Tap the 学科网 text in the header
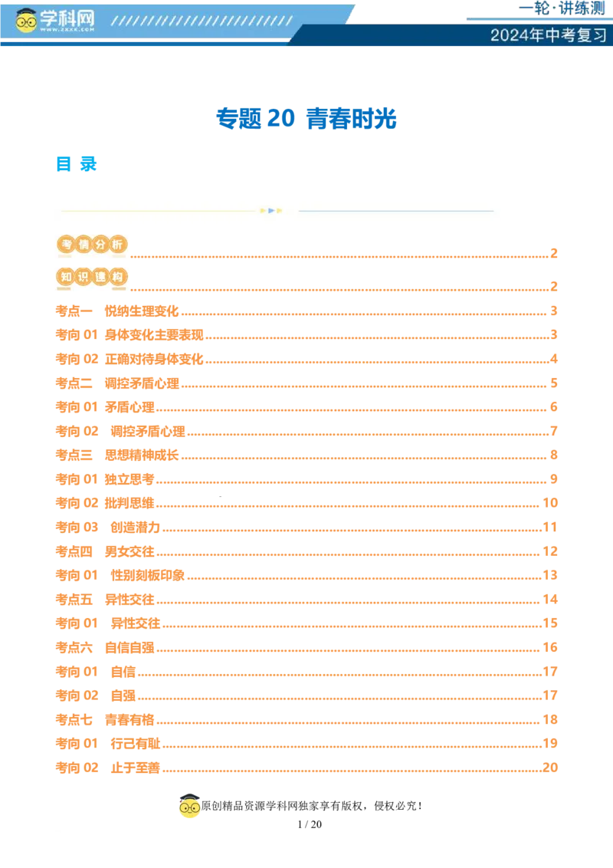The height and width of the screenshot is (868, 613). [x=66, y=18]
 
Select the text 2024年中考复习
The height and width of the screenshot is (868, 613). [x=548, y=35]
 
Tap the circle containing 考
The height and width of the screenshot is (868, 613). [x=65, y=245]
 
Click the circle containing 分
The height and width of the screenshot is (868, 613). [x=100, y=245]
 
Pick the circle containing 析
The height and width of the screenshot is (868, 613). [x=117, y=245]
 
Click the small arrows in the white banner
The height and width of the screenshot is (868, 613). [x=271, y=210]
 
